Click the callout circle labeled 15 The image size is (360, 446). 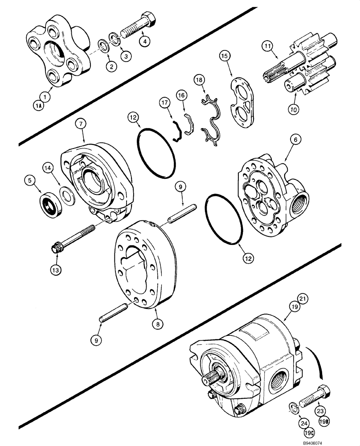[x=225, y=57]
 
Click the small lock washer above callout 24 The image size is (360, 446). [x=292, y=405]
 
